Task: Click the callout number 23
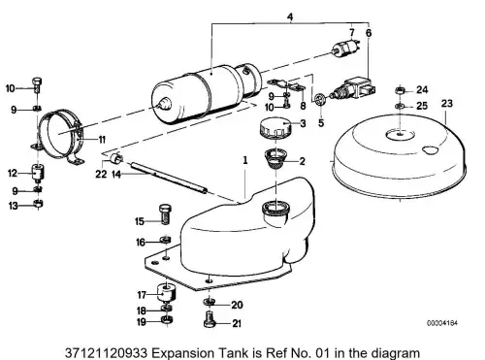(x=447, y=104)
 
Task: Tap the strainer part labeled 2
(x=275, y=159)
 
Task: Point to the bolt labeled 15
(x=166, y=213)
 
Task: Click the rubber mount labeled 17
(x=166, y=292)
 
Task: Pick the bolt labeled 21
(x=210, y=318)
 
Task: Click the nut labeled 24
(x=401, y=90)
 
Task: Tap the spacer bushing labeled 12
(x=38, y=173)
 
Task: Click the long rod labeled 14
(x=169, y=179)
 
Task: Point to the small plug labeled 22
(x=116, y=158)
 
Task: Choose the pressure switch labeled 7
(x=346, y=48)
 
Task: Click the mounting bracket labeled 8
(x=286, y=84)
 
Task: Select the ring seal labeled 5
(x=319, y=98)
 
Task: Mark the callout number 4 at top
(x=290, y=16)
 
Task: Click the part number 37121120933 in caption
(x=107, y=352)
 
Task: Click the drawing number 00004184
(x=442, y=323)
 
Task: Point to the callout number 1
(x=245, y=160)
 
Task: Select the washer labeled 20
(x=210, y=302)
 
